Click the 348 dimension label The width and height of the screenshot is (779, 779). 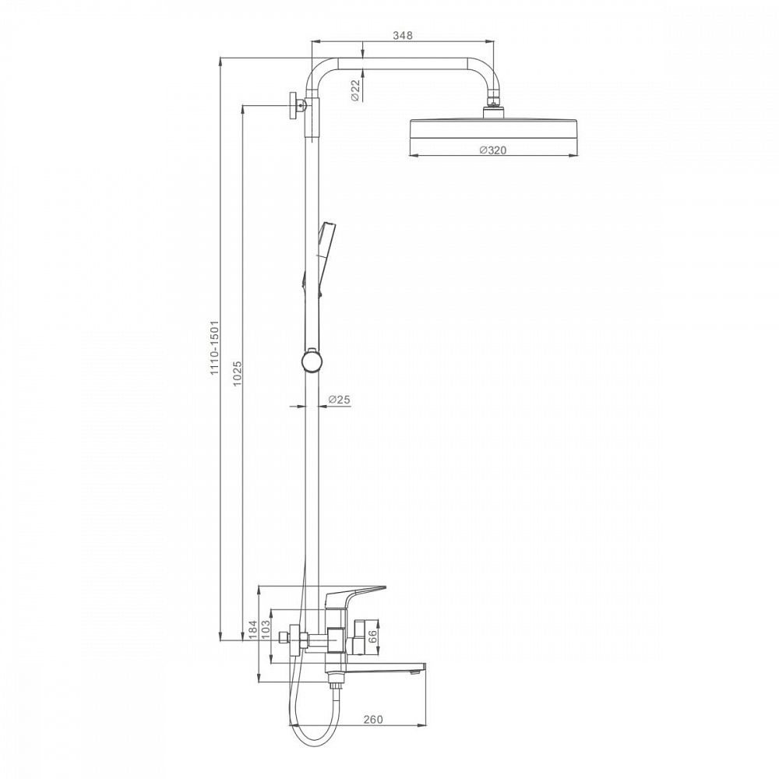[403, 35]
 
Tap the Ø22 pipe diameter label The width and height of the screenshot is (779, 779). [355, 90]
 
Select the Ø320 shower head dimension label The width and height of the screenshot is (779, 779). [493, 150]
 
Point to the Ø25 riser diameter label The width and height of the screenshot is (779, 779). [340, 399]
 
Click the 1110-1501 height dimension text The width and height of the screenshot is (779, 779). [215, 347]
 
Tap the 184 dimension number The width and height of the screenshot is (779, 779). [253, 629]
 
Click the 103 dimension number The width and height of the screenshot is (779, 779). [266, 629]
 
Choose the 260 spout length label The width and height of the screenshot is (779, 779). [373, 719]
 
